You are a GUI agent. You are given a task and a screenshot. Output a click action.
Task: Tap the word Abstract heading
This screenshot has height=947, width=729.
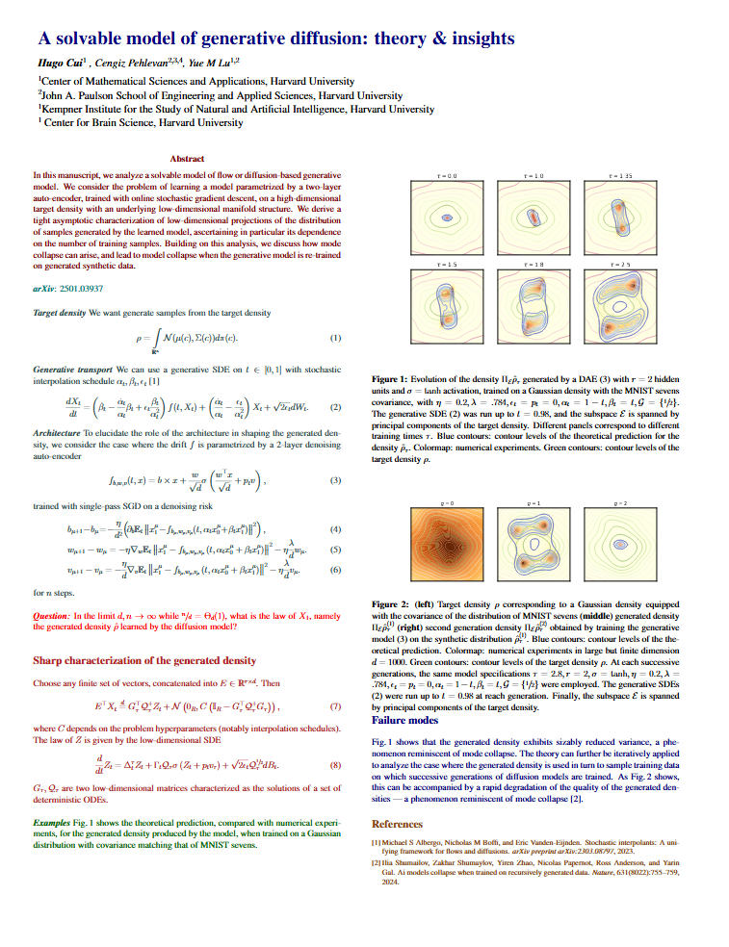(187, 158)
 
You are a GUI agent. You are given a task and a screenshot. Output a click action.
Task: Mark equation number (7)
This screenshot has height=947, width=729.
(335, 706)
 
